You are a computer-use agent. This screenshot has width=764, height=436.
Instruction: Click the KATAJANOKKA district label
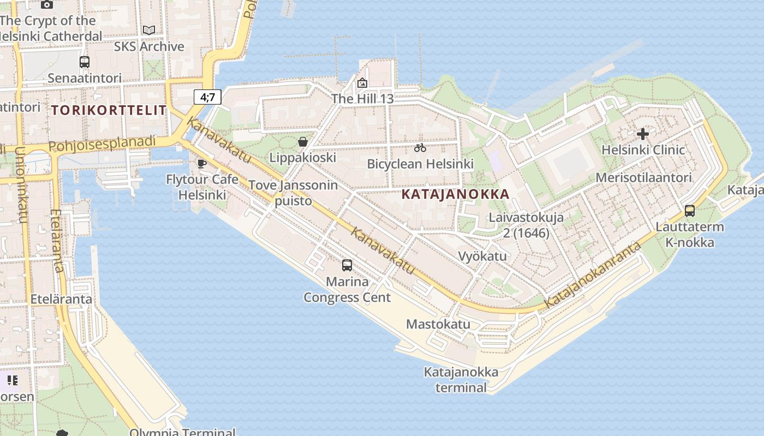point(455,194)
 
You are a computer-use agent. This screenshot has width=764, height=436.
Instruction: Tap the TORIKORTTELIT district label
point(109,110)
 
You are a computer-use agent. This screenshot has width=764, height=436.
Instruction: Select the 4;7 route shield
point(207,98)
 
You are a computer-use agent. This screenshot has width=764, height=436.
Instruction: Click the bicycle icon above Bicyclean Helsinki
point(420,148)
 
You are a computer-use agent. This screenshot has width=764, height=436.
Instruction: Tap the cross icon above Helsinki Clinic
point(643,134)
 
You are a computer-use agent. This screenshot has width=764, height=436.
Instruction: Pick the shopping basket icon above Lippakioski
point(303,142)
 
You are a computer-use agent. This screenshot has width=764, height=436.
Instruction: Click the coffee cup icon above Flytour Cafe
point(202,163)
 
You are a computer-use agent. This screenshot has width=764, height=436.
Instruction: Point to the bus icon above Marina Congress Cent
point(347,265)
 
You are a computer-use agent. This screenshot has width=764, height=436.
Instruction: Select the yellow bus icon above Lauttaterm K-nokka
point(690,211)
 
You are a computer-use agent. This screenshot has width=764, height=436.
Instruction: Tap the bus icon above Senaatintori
point(84,62)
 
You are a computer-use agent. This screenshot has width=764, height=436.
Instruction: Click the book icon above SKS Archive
point(148,31)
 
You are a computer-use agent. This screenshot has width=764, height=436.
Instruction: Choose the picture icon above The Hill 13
point(362,83)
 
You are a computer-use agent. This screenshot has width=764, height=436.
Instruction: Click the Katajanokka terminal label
point(461,380)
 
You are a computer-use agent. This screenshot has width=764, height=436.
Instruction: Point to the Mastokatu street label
point(438,324)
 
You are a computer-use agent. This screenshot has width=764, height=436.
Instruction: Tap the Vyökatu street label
point(482,256)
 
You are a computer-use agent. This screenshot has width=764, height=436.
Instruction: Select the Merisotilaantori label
point(644,178)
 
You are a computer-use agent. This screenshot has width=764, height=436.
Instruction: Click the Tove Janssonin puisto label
point(293,193)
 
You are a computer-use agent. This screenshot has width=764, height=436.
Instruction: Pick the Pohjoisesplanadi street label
point(102,145)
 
